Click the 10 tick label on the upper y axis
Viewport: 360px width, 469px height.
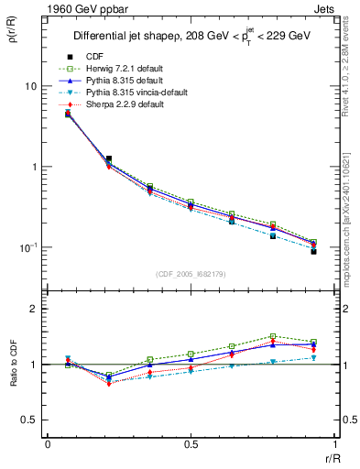30,86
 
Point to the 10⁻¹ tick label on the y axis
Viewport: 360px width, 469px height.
27,247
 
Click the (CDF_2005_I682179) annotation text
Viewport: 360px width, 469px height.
190,275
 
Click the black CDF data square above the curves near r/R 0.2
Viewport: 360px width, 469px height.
109,158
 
